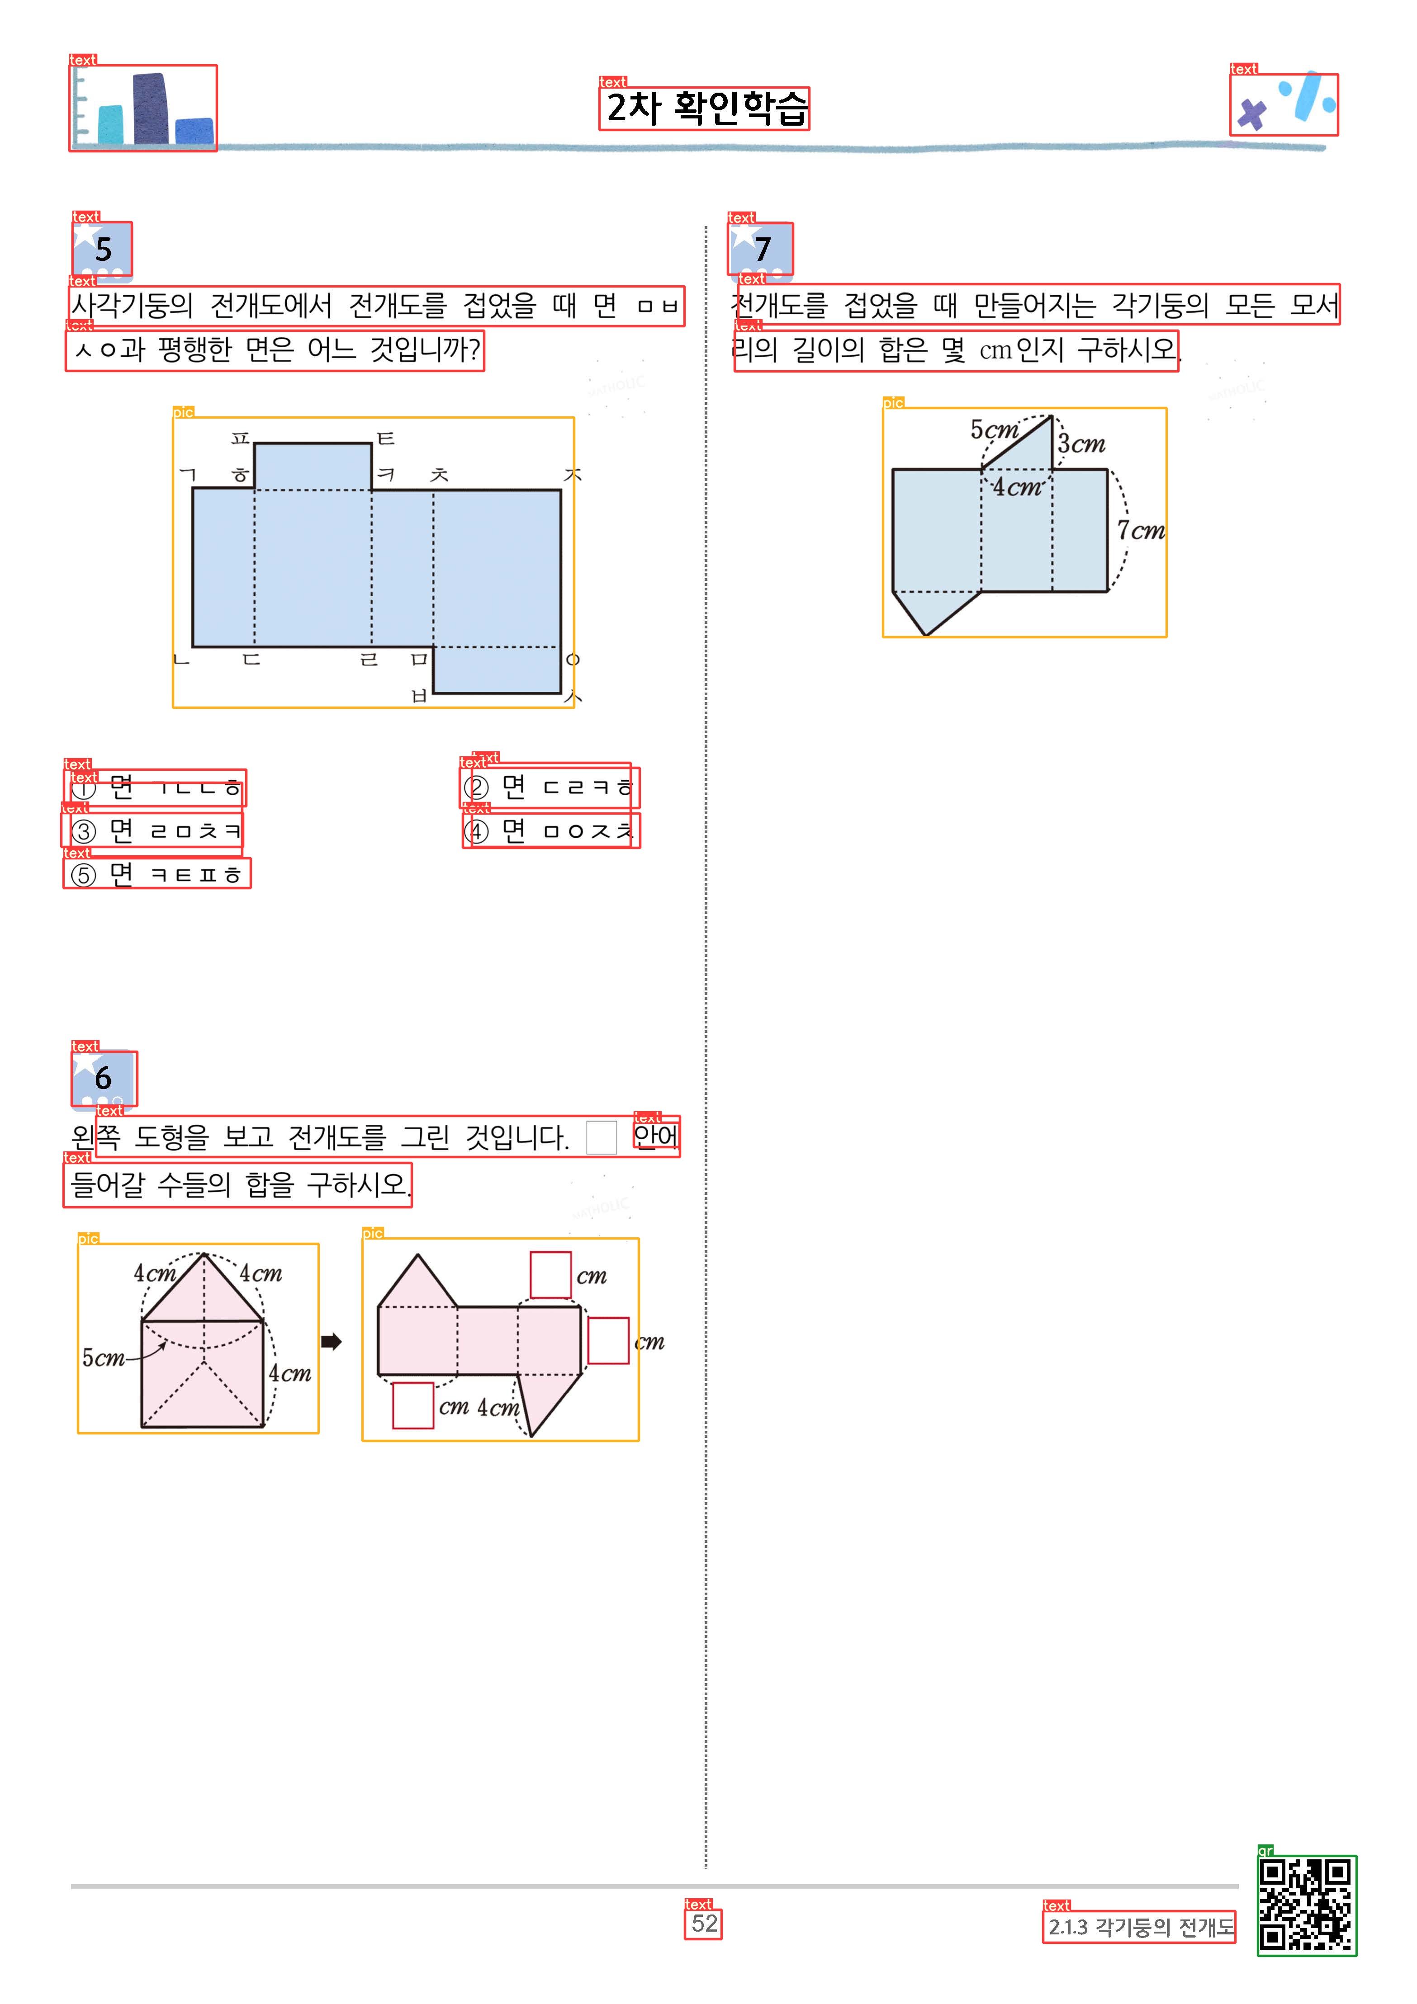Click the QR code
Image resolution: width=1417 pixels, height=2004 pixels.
[x=1306, y=1905]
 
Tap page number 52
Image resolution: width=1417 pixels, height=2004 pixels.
[x=704, y=1923]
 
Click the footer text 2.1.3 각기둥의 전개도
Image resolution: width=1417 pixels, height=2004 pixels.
[x=1140, y=1926]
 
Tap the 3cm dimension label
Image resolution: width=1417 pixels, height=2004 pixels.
[x=1082, y=443]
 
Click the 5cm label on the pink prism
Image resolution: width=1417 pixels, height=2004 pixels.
[x=103, y=1357]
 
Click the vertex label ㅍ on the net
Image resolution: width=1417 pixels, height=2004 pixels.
[x=240, y=437]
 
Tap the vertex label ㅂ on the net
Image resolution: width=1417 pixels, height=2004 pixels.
[x=419, y=696]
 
